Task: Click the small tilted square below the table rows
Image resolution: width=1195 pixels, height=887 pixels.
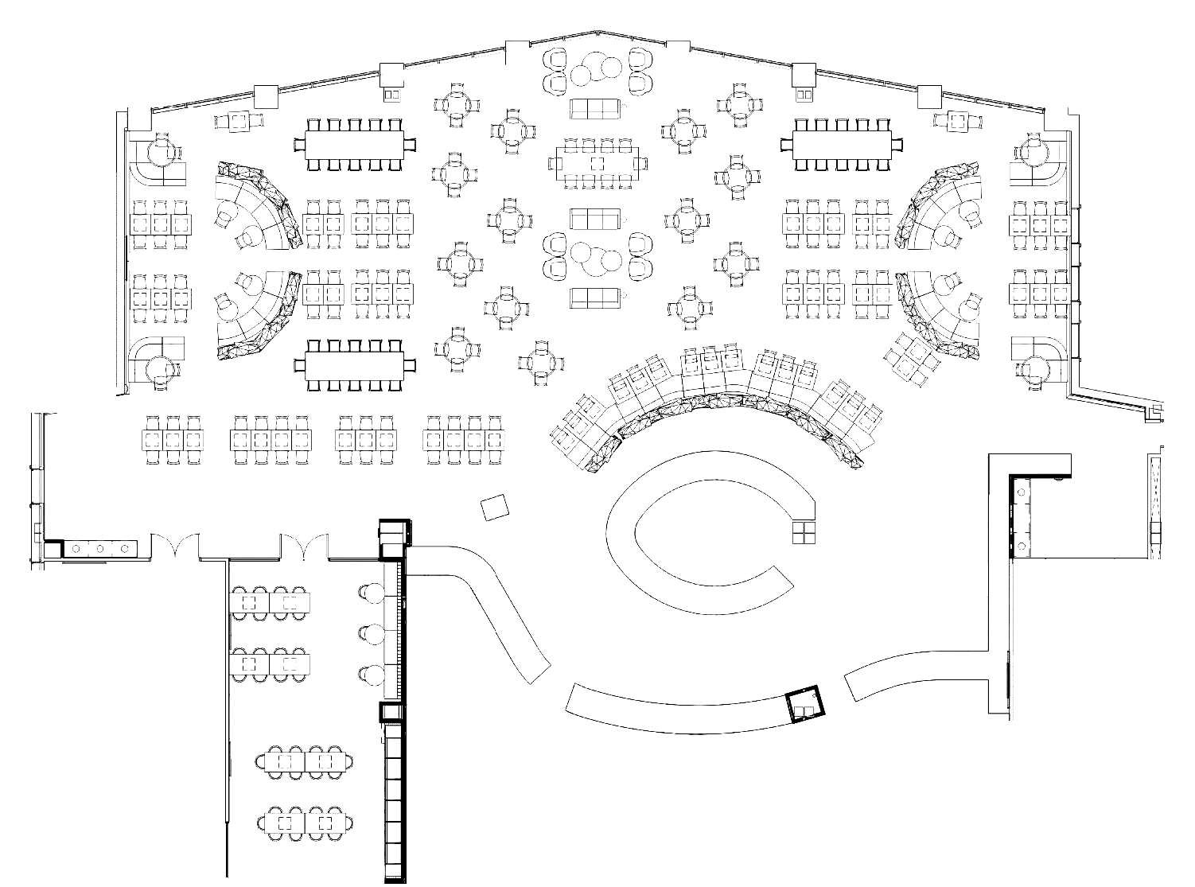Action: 496,506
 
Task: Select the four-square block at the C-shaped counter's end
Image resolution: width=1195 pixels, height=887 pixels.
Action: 804,531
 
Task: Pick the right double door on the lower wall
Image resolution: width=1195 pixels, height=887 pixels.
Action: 302,546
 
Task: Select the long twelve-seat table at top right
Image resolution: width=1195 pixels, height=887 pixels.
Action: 847,143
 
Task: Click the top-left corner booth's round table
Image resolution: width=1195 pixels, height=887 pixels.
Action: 162,150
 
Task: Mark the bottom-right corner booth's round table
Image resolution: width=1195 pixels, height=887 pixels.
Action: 1036,368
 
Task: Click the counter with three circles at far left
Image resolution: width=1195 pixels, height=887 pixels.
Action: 100,548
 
